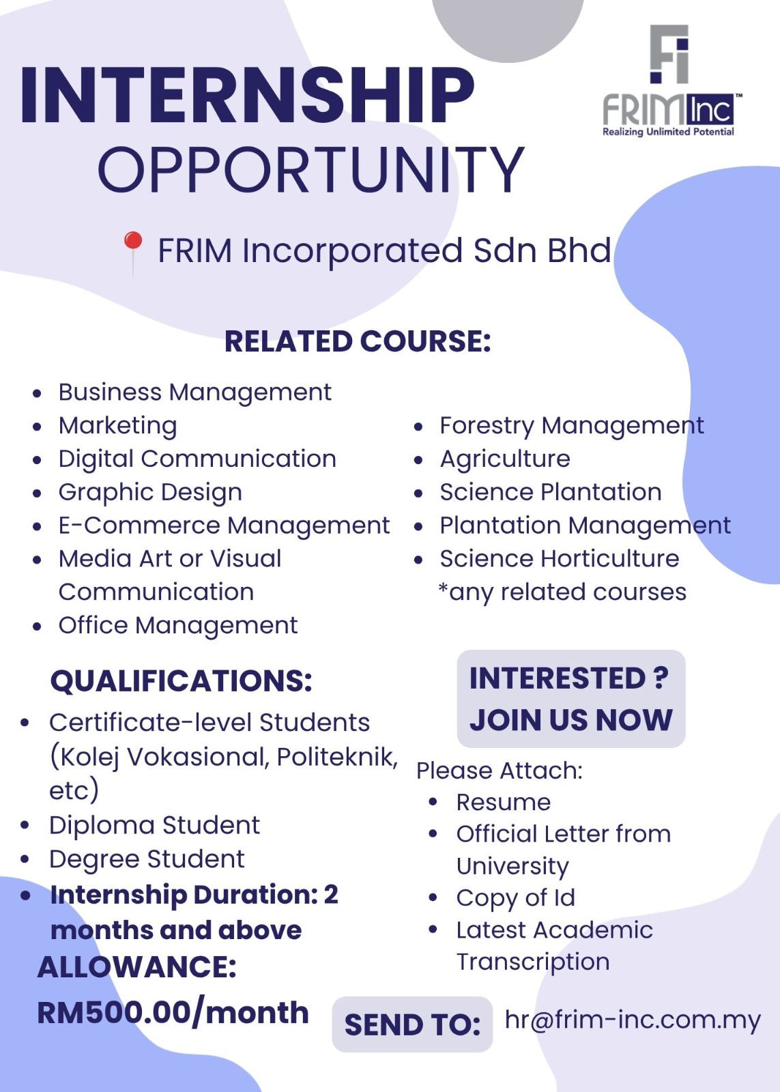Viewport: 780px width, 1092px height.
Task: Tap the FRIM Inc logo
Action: click(671, 81)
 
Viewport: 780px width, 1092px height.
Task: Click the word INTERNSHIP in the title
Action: click(247, 95)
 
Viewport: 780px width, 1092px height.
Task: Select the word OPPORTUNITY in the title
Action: click(311, 169)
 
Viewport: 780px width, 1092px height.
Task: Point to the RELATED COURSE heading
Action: click(358, 341)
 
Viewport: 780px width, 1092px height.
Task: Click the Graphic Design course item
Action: click(150, 492)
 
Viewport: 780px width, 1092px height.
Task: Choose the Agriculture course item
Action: click(505, 459)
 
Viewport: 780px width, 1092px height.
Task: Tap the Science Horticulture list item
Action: click(559, 559)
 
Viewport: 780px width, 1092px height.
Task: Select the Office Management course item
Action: click(178, 625)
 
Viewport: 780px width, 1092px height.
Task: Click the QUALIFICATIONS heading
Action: click(181, 681)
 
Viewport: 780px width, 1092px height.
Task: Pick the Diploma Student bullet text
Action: click(154, 825)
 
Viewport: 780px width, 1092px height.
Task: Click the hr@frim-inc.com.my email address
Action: click(633, 1020)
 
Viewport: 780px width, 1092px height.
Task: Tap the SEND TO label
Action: click(412, 1024)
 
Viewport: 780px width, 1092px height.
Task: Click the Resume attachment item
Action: click(504, 803)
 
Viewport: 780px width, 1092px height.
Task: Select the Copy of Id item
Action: click(516, 898)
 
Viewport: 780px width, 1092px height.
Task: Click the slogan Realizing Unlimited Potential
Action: click(668, 132)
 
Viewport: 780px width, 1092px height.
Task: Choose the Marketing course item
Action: click(117, 426)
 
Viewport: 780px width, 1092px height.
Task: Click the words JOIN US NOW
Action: click(571, 721)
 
